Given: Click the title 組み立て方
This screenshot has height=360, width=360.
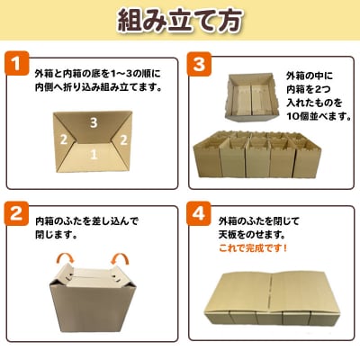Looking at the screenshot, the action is coord(180,21).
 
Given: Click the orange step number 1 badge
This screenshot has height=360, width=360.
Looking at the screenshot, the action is coord(16,63).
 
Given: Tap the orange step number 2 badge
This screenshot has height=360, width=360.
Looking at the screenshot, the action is coord(16,213).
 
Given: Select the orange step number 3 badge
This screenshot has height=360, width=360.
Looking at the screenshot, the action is coord(199,63).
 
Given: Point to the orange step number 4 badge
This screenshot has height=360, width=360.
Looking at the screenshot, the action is coord(199,213).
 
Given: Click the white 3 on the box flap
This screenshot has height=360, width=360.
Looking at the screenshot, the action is coord(94,122).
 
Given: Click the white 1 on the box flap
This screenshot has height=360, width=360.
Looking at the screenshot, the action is coord(94,154).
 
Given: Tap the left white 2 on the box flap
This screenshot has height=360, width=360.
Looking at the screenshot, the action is coord(63,139).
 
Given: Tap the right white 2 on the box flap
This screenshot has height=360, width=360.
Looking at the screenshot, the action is coord(123,139).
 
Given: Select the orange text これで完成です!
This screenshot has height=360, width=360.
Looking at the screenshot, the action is coord(253,248).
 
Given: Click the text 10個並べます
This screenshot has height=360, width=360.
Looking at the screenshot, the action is coord(319,116).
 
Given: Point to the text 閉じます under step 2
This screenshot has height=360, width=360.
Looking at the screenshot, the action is coord(55,235).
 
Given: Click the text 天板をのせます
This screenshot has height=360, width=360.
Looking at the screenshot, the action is coord(251,235).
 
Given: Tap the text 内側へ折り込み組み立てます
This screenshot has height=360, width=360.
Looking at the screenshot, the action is coord(98,87).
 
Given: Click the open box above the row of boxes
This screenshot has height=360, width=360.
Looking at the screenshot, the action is coord(252,97).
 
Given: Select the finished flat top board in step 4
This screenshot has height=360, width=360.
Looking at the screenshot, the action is coord(272,299).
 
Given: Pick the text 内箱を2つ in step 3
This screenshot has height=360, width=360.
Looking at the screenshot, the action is coord(305,89).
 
